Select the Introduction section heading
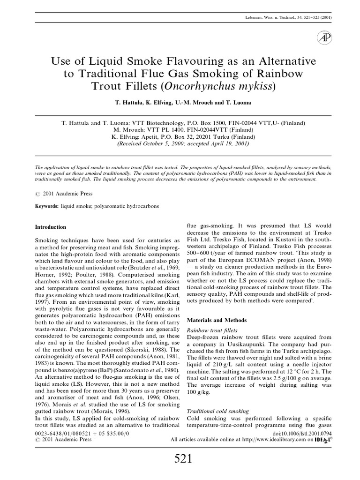pyautogui.click(x=51, y=227)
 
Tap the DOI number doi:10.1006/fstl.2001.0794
pyautogui.click(x=291, y=434)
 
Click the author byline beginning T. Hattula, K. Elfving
pyautogui.click(x=180, y=102)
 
